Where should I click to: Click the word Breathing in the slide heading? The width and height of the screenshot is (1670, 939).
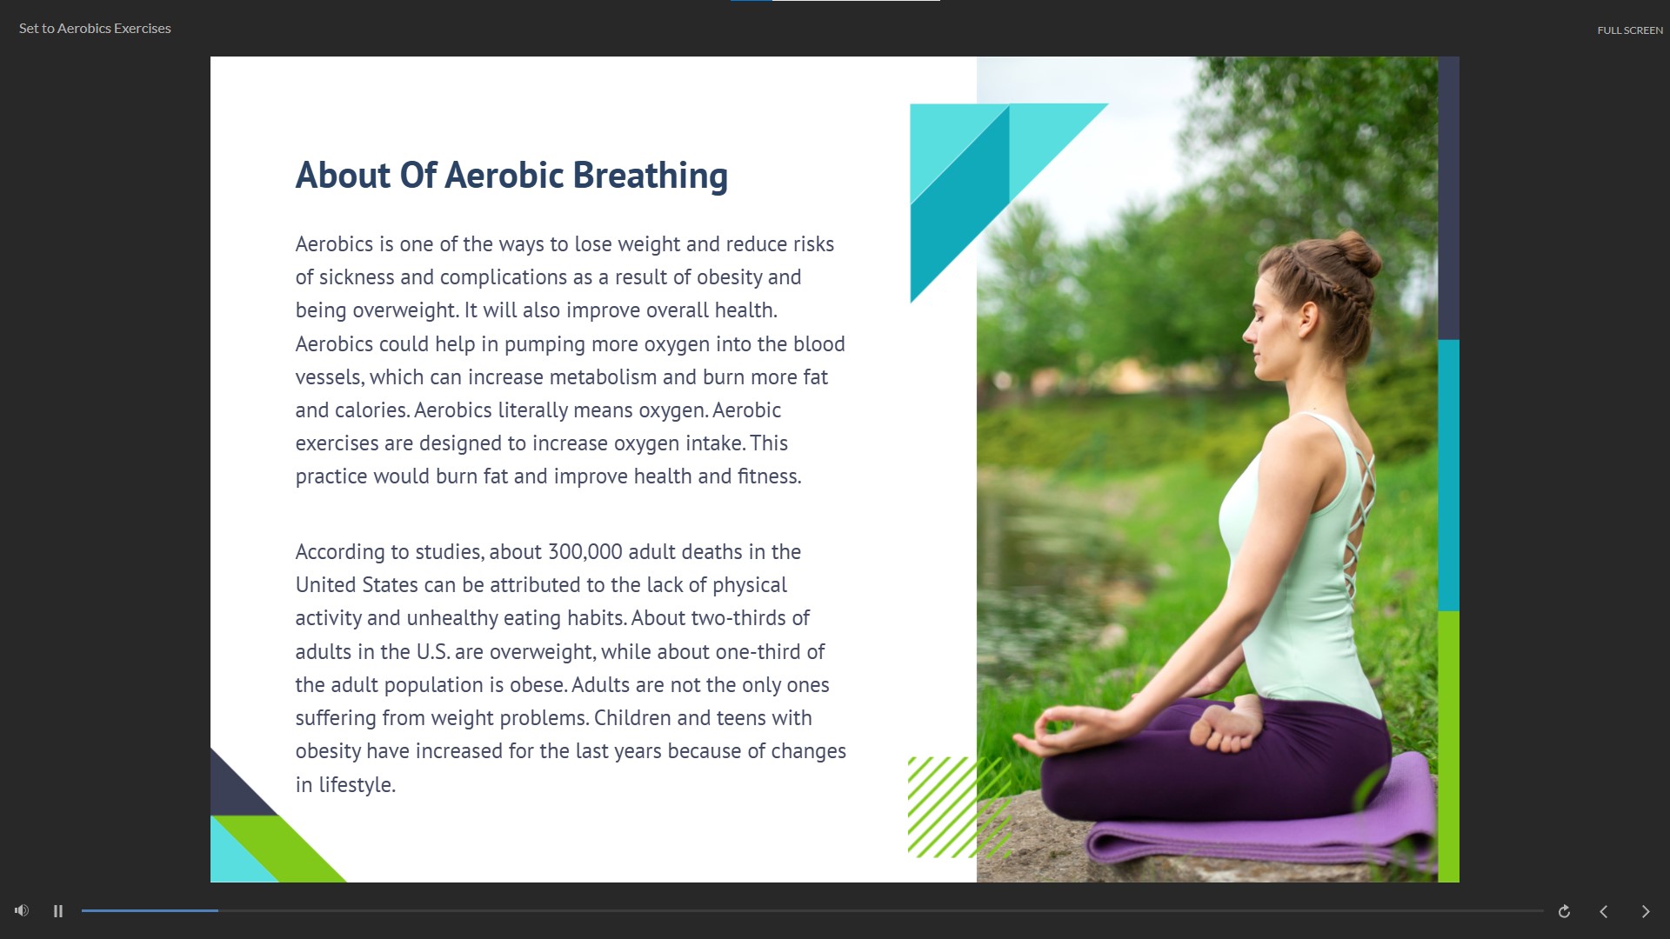pos(650,176)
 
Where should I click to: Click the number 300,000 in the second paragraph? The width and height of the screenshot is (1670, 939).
pos(584,552)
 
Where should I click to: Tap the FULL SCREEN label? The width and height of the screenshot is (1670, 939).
pos(1630,30)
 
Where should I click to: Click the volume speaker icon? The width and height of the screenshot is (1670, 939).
pos(22,910)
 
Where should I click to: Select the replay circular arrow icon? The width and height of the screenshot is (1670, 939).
pos(1564,911)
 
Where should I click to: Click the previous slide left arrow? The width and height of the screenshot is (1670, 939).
pos(1604,911)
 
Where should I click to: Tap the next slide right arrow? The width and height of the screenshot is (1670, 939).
pos(1646,911)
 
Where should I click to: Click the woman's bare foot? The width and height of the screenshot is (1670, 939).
pos(1226,727)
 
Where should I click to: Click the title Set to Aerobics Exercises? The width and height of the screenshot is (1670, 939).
pos(95,29)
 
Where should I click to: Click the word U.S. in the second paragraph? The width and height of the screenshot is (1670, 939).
pos(432,652)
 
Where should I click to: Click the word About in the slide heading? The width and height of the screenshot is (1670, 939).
pos(343,176)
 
